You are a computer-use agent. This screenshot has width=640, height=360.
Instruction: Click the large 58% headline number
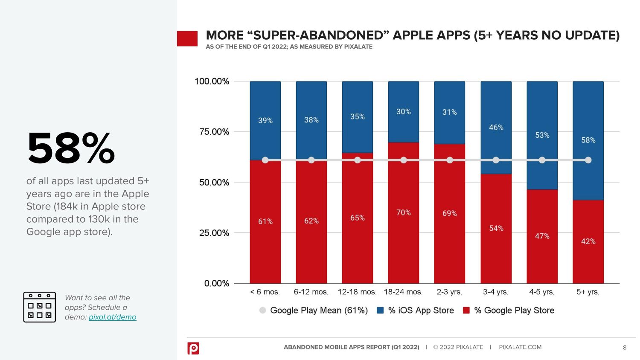click(x=71, y=148)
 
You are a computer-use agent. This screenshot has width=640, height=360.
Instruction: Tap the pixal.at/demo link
click(x=112, y=317)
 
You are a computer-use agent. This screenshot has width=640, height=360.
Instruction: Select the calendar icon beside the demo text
click(x=39, y=307)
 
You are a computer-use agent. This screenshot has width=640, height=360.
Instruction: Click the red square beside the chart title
click(x=187, y=38)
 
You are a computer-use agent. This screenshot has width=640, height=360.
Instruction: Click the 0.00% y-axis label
click(x=217, y=283)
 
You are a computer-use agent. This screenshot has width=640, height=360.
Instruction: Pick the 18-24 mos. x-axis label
click(x=403, y=292)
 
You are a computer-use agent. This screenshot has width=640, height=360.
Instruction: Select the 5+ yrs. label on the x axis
click(x=588, y=292)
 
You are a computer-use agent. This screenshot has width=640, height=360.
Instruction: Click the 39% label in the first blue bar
click(x=265, y=121)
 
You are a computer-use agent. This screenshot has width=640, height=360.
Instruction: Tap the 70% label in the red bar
click(x=403, y=212)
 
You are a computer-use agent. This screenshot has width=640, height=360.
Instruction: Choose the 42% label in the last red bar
click(x=588, y=241)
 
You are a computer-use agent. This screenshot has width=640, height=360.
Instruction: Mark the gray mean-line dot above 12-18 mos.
click(x=358, y=160)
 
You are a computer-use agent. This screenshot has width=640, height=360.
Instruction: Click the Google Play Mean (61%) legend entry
click(x=314, y=311)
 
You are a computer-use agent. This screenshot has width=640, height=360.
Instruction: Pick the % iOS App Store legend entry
click(x=416, y=311)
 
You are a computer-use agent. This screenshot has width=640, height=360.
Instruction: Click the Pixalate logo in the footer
click(x=193, y=348)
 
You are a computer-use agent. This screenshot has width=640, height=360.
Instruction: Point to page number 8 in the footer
click(x=625, y=348)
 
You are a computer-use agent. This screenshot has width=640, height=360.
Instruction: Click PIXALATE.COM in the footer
click(x=520, y=347)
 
